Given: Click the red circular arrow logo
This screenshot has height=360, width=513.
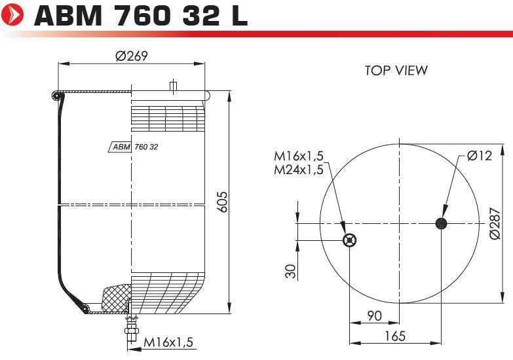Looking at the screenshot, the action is click(12, 14).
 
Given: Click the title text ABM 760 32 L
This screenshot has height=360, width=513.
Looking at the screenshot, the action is click(141, 15).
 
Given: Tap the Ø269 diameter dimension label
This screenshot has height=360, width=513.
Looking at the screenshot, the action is click(132, 56).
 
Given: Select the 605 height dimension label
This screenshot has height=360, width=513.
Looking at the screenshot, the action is click(222, 202).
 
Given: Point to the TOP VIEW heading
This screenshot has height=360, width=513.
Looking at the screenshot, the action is click(396, 70).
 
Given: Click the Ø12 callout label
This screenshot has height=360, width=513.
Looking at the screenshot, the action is click(480, 155).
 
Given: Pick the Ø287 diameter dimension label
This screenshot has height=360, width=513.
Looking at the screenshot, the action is click(495, 223).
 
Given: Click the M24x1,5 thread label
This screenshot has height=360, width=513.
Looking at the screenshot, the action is click(298, 170).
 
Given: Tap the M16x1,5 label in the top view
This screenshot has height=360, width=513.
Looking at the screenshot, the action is click(298, 156).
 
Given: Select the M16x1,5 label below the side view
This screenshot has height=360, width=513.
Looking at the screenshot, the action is click(168, 342).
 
